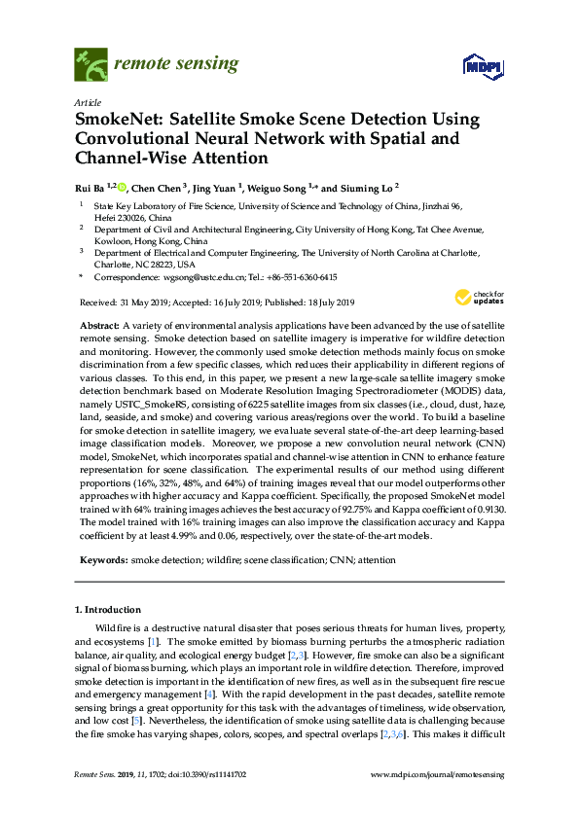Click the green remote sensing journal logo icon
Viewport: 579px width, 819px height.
90,66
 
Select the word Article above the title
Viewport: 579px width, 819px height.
87,101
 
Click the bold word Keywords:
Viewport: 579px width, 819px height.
101,560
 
